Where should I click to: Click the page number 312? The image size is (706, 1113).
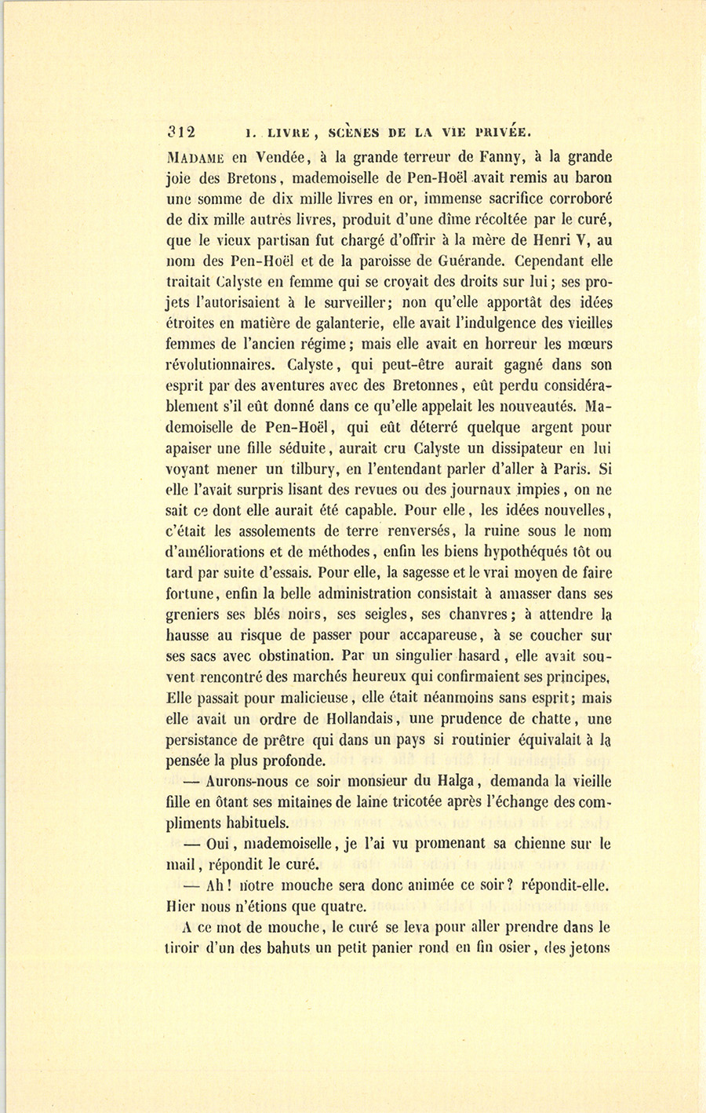[180, 132]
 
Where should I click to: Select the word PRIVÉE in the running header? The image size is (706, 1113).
[497, 132]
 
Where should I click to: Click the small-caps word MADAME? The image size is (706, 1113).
[196, 157]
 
